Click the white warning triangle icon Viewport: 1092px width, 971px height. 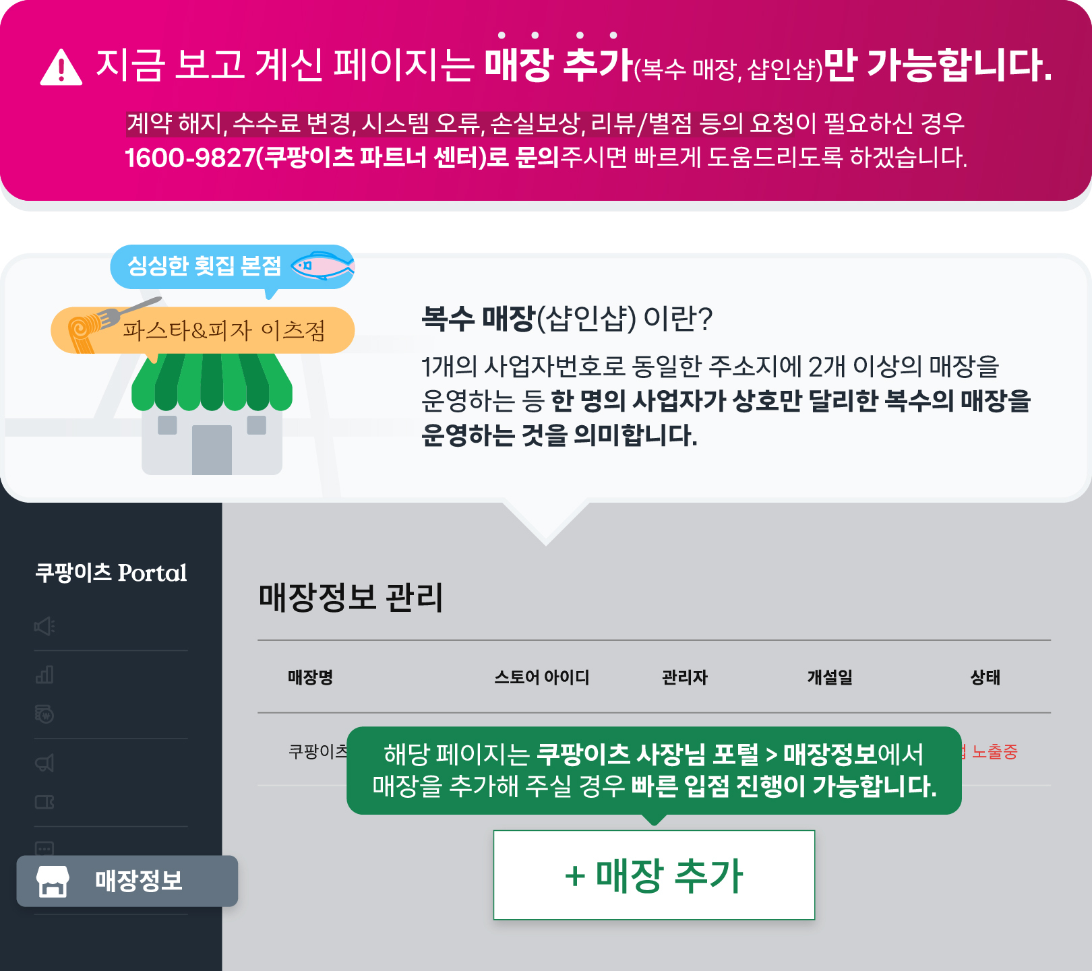click(61, 68)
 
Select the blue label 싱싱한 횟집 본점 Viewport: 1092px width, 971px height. click(204, 266)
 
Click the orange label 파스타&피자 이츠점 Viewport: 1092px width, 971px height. click(224, 331)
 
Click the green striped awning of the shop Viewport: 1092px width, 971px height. click(212, 382)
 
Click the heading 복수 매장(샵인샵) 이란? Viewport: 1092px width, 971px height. click(567, 318)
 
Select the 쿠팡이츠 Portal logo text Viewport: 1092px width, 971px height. click(111, 573)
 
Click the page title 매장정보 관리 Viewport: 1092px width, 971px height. click(351, 598)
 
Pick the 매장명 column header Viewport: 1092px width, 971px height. click(310, 677)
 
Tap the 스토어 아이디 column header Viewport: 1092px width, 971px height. click(541, 677)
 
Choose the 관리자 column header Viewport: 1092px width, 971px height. click(685, 677)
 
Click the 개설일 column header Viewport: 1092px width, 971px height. click(830, 677)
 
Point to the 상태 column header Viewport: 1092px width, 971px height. click(985, 677)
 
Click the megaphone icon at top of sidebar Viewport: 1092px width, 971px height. click(44, 627)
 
